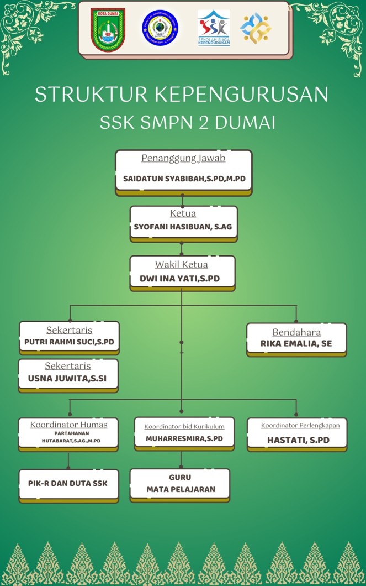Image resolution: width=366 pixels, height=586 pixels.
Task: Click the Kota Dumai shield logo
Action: pyautogui.click(x=108, y=29)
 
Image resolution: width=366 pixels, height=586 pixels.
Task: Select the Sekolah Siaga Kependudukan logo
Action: pyautogui.click(x=214, y=28)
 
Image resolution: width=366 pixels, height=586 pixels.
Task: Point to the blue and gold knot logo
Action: pyautogui.click(x=256, y=28)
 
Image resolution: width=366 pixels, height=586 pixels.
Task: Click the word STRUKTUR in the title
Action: pyautogui.click(x=92, y=94)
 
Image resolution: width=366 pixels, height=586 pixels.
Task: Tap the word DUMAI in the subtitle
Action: pyautogui.click(x=245, y=123)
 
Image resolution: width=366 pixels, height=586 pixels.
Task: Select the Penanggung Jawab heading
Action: pyautogui.click(x=183, y=159)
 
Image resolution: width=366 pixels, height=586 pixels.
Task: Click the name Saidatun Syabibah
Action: pyautogui.click(x=163, y=179)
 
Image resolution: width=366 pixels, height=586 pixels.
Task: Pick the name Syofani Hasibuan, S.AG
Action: pyautogui.click(x=183, y=227)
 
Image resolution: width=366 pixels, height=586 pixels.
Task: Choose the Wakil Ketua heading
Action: pyautogui.click(x=181, y=265)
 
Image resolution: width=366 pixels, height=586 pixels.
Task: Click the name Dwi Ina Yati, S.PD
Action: pyautogui.click(x=179, y=279)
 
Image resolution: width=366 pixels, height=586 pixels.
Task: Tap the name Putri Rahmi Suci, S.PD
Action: pyautogui.click(x=69, y=342)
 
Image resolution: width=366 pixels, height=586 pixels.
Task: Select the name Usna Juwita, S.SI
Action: pyautogui.click(x=67, y=378)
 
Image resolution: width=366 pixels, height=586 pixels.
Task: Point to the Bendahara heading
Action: pyautogui.click(x=296, y=332)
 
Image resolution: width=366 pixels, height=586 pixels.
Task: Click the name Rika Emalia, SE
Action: pyautogui.click(x=296, y=343)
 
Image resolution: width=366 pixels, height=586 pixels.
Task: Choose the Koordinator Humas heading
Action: pyautogui.click(x=68, y=425)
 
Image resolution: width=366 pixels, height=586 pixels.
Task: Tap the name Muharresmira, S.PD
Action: pyautogui.click(x=184, y=438)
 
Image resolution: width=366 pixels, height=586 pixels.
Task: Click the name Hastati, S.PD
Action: pyautogui.click(x=298, y=440)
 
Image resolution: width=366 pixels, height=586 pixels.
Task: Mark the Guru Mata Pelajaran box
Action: pyautogui.click(x=180, y=484)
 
